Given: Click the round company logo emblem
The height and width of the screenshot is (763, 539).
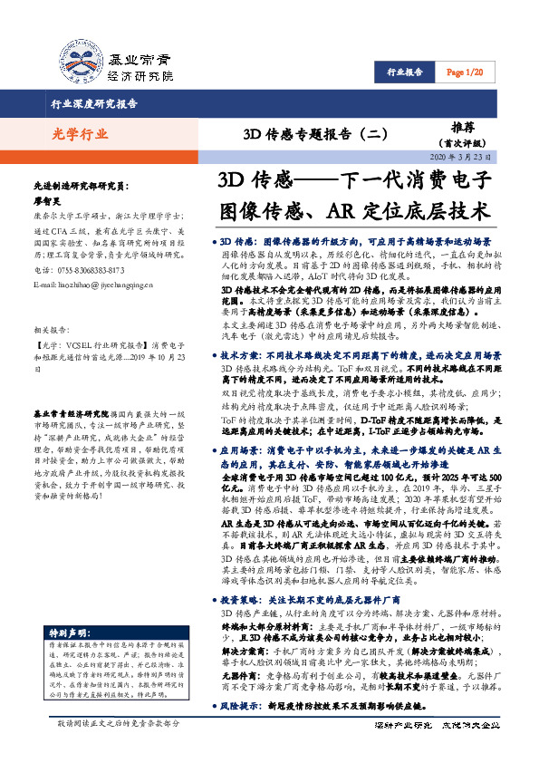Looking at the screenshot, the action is tap(79, 61).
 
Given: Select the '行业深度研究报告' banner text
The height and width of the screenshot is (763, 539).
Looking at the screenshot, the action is tap(94, 104).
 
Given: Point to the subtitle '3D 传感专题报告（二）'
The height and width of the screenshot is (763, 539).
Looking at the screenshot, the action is tap(290, 135).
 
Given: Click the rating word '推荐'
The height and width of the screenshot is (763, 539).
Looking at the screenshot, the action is tap(462, 129).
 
